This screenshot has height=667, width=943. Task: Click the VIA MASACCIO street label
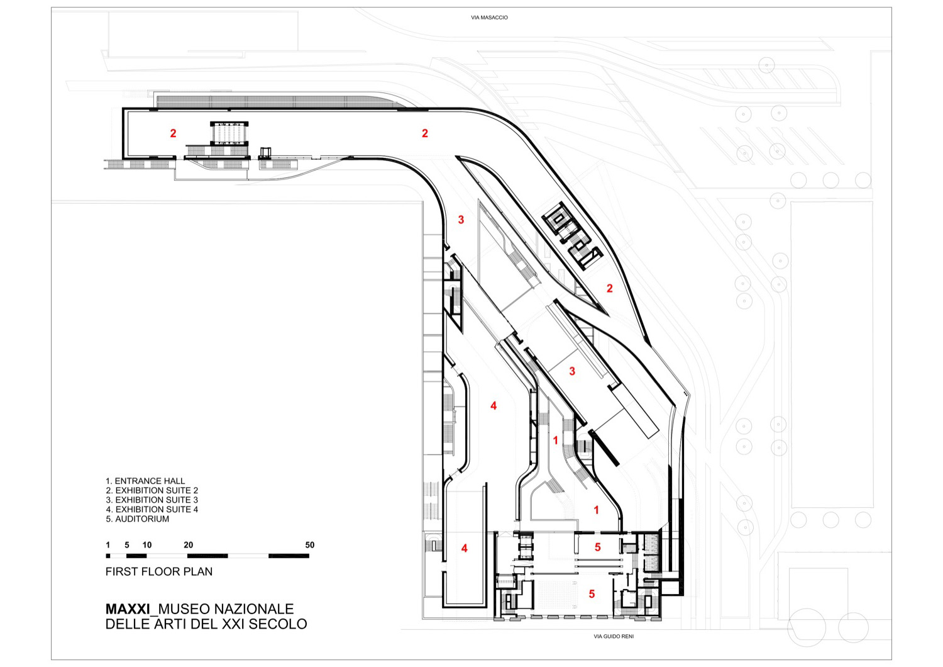489,18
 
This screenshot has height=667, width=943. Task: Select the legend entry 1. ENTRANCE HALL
145,481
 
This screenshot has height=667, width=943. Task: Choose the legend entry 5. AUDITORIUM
137,519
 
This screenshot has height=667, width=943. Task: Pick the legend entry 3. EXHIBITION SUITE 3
152,500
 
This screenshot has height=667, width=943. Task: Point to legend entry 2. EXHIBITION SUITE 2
152,490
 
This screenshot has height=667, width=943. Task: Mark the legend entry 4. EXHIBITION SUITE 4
152,509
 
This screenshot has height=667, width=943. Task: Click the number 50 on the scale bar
309,545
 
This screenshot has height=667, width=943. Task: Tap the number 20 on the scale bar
188,545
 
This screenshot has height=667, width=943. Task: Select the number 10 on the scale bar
147,545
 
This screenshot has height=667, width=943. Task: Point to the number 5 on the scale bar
127,545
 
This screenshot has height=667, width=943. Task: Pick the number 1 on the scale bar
108,545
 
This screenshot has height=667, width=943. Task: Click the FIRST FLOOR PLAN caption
159,571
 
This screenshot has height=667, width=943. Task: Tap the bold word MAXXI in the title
128,609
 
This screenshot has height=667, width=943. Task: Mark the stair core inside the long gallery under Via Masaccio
229,134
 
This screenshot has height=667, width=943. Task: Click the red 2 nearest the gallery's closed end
173,133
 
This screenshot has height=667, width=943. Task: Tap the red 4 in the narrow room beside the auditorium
464,549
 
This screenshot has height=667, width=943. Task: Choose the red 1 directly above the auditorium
596,510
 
